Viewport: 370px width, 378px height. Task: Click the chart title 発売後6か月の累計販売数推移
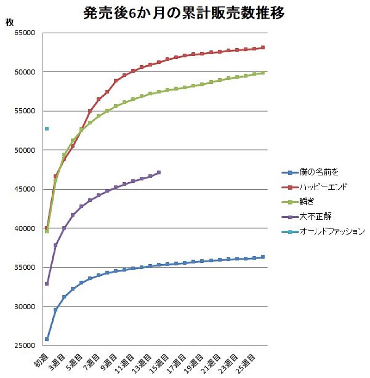[184, 12]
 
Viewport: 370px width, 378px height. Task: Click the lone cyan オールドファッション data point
[47, 129]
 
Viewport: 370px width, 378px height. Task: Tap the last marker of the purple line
[159, 173]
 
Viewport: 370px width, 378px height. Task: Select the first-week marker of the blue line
[47, 339]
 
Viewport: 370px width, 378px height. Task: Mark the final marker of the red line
[263, 47]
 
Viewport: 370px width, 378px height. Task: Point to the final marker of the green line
[263, 73]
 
